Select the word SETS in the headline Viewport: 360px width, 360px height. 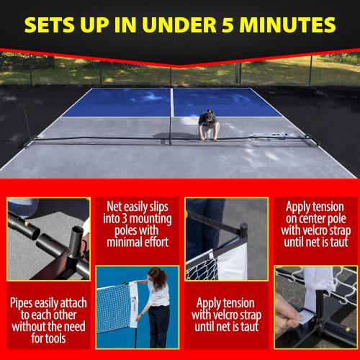(x=50, y=24)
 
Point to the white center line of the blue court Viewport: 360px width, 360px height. (x=173, y=101)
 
